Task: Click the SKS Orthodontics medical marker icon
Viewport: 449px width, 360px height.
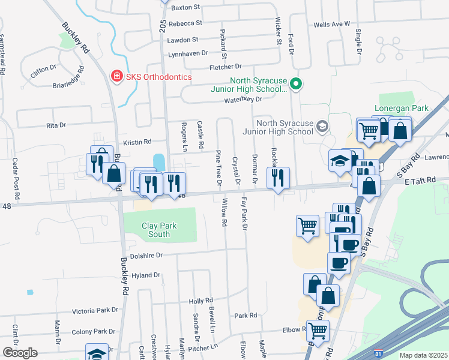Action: tap(116, 77)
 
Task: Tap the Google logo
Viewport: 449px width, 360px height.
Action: tap(19, 353)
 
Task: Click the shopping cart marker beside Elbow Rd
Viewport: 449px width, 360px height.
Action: tap(318, 330)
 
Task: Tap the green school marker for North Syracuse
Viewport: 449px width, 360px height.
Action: tap(295, 83)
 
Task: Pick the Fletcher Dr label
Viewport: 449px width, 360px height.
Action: tap(225, 67)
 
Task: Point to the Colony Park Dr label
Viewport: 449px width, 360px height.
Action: tap(93, 331)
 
